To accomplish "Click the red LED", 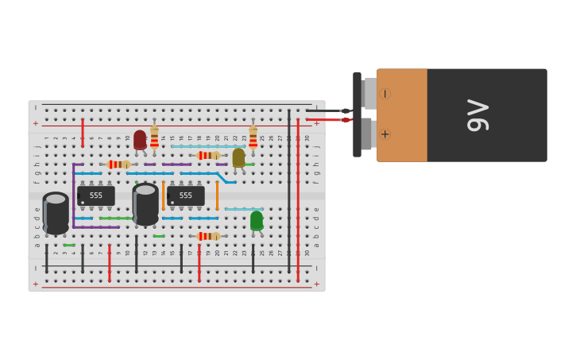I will pyautogui.click(x=140, y=139).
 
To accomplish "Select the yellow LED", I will pyautogui.click(x=238, y=157).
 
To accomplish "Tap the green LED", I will pyautogui.click(x=257, y=220).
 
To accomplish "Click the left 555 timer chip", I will pyautogui.click(x=95, y=195).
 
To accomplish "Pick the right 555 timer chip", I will pyautogui.click(x=185, y=195).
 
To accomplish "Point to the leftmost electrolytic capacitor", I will pyautogui.click(x=56, y=213).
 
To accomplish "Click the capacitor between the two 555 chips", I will pyautogui.click(x=145, y=203).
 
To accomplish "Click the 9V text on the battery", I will pyautogui.click(x=477, y=115).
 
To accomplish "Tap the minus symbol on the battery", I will pyautogui.click(x=385, y=94).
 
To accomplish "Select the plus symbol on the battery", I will pyautogui.click(x=385, y=134).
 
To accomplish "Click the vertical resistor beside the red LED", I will pyautogui.click(x=154, y=137).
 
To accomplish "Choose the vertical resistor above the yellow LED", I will pyautogui.click(x=253, y=137).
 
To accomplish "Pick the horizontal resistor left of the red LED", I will pyautogui.click(x=118, y=165).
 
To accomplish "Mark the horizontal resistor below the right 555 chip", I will pyautogui.click(x=208, y=236).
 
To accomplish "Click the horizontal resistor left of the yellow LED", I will pyautogui.click(x=208, y=156).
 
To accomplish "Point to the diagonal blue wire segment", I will pyautogui.click(x=222, y=177).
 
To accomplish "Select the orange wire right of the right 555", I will pyautogui.click(x=217, y=195).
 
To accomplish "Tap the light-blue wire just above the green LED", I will pyautogui.click(x=243, y=209).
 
